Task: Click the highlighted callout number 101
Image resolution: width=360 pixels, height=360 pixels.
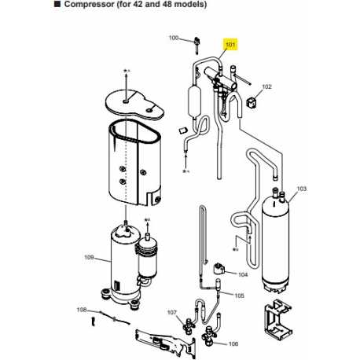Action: tap(230, 45)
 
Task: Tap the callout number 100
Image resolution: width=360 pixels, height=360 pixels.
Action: tap(174, 38)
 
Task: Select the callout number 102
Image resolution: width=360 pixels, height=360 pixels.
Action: tap(266, 86)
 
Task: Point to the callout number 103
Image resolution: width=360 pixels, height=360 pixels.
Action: tap(302, 189)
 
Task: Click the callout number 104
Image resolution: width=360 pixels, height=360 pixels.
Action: tap(243, 274)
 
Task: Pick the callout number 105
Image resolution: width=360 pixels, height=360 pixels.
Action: tap(239, 296)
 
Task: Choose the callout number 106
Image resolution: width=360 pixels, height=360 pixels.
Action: tap(233, 343)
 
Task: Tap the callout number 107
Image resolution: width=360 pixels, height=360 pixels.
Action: tap(172, 312)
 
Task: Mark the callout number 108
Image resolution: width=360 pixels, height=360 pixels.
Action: tap(82, 310)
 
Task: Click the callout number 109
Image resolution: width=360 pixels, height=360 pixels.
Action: tap(89, 257)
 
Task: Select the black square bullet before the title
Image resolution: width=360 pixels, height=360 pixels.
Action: tap(57, 4)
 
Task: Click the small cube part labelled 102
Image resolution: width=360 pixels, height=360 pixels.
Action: tap(251, 101)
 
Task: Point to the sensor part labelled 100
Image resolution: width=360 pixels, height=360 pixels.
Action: tap(197, 45)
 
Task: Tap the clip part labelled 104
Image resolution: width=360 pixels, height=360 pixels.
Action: tap(219, 269)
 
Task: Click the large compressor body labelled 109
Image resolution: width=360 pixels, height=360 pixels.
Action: tap(123, 265)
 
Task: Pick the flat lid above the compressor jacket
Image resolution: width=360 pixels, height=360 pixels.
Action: tap(134, 105)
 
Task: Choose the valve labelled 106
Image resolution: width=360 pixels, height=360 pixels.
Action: tap(210, 336)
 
